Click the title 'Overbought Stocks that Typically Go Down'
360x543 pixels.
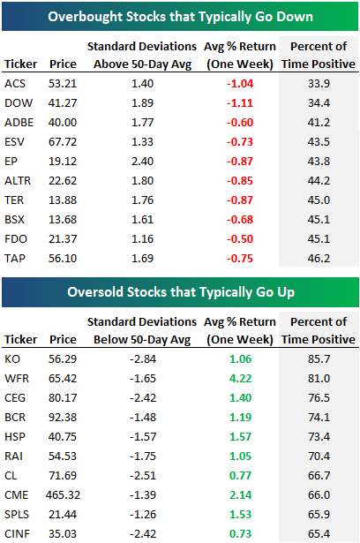click(x=180, y=16)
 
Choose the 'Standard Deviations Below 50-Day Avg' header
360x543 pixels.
click(x=155, y=330)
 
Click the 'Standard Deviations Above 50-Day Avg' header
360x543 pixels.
click(x=155, y=55)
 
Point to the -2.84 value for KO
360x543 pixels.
click(x=155, y=360)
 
